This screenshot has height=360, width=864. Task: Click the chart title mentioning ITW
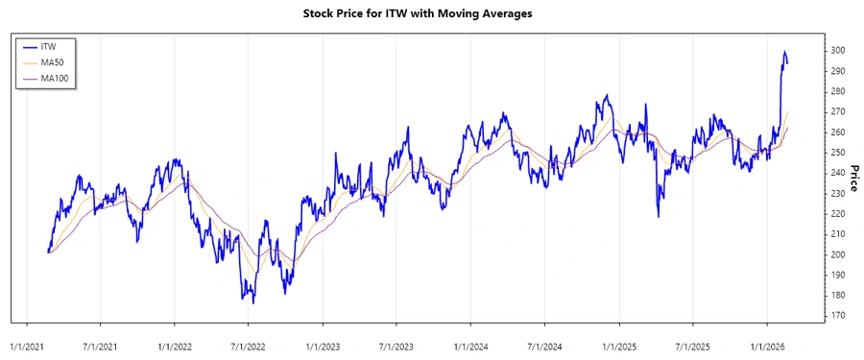coord(431,14)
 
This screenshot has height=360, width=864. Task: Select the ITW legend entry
coord(49,46)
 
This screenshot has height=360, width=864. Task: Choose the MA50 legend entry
coord(52,62)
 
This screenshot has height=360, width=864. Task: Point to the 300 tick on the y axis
coord(837,51)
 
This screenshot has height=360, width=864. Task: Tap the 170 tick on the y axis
coord(837,315)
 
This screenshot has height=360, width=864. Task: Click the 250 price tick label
coord(837,153)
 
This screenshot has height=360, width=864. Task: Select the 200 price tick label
coord(837,254)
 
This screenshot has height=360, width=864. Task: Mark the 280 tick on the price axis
coord(837,91)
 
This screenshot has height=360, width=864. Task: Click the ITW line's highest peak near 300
coord(784,52)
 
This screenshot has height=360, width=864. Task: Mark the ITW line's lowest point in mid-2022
coord(253,302)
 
